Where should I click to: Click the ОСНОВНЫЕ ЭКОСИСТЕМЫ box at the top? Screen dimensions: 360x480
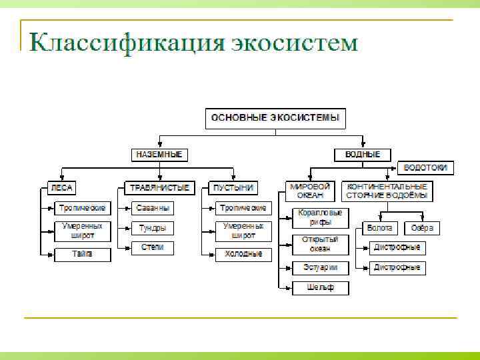275,118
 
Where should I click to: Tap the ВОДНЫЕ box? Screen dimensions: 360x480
363,155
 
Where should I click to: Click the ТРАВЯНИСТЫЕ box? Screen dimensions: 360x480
159,188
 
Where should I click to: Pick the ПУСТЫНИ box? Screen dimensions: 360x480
233,188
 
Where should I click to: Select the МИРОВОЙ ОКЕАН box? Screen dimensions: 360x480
311,191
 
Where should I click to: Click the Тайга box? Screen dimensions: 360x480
83,254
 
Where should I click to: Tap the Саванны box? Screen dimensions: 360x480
153,208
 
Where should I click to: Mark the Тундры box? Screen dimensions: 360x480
153,228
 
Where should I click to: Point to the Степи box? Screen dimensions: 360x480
153,247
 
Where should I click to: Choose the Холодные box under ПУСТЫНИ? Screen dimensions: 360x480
243,254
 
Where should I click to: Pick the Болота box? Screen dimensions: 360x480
380,228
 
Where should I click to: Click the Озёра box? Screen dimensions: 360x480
422,228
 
